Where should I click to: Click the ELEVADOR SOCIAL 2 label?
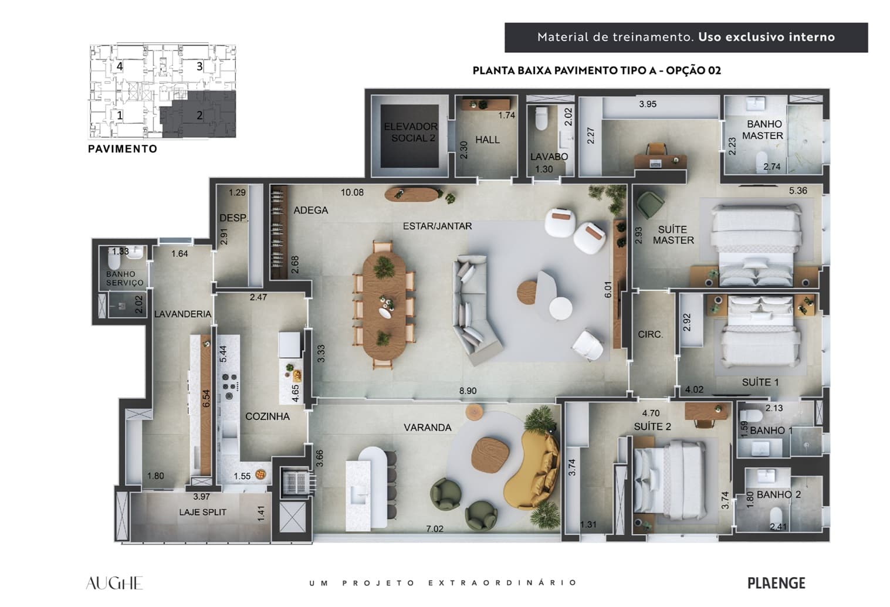click(411, 133)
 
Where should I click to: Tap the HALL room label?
click(488, 140)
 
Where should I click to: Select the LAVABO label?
click(549, 157)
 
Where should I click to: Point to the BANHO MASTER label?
click(763, 130)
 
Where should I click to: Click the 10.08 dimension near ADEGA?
click(352, 193)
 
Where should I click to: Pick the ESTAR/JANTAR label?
click(437, 226)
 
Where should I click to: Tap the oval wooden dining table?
click(384, 306)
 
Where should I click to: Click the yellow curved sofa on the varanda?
click(531, 470)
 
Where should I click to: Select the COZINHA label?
click(268, 416)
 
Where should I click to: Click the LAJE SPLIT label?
click(202, 512)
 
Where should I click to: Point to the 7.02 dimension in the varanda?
click(435, 529)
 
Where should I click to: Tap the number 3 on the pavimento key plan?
click(199, 66)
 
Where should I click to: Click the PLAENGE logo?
click(776, 583)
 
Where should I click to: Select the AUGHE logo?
click(114, 583)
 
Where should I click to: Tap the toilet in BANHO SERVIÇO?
click(114, 260)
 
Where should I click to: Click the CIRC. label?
click(651, 334)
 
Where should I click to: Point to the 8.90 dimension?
click(468, 391)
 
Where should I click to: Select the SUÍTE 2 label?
click(652, 426)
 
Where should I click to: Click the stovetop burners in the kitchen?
click(229, 385)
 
